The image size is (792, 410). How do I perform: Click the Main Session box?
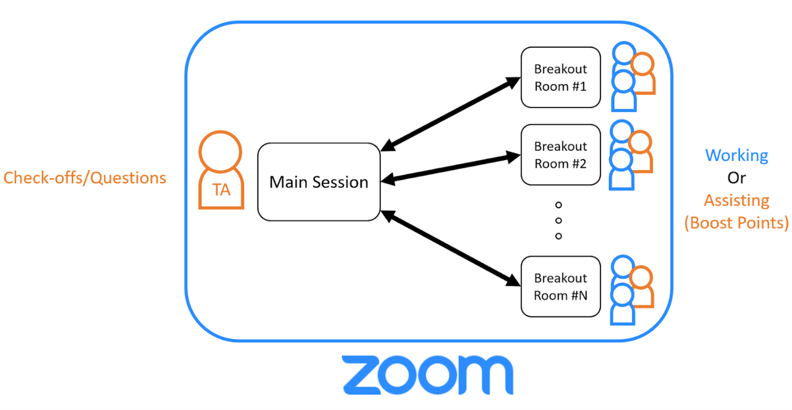pyautogui.click(x=318, y=182)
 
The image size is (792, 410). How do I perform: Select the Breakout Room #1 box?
pyautogui.click(x=560, y=78)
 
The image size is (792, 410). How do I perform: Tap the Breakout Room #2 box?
pyautogui.click(x=560, y=155)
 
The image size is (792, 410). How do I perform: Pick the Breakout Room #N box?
pyautogui.click(x=560, y=286)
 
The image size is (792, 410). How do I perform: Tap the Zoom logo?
pyautogui.click(x=427, y=375)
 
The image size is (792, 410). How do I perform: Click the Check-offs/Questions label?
pyautogui.click(x=85, y=178)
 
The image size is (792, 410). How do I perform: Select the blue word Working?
pyautogui.click(x=737, y=155)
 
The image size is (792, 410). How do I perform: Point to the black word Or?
pyautogui.click(x=737, y=178)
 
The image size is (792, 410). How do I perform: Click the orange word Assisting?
pyautogui.click(x=737, y=200)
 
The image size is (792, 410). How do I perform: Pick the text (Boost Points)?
pyautogui.click(x=737, y=223)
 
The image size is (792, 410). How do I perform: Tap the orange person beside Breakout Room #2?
pyautogui.click(x=641, y=153)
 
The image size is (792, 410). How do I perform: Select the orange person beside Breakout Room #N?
pyautogui.click(x=642, y=288)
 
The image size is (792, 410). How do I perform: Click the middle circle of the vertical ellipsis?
pyautogui.click(x=558, y=221)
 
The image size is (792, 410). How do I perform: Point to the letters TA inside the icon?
pyautogui.click(x=222, y=191)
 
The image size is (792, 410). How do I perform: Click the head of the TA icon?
pyautogui.click(x=221, y=151)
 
